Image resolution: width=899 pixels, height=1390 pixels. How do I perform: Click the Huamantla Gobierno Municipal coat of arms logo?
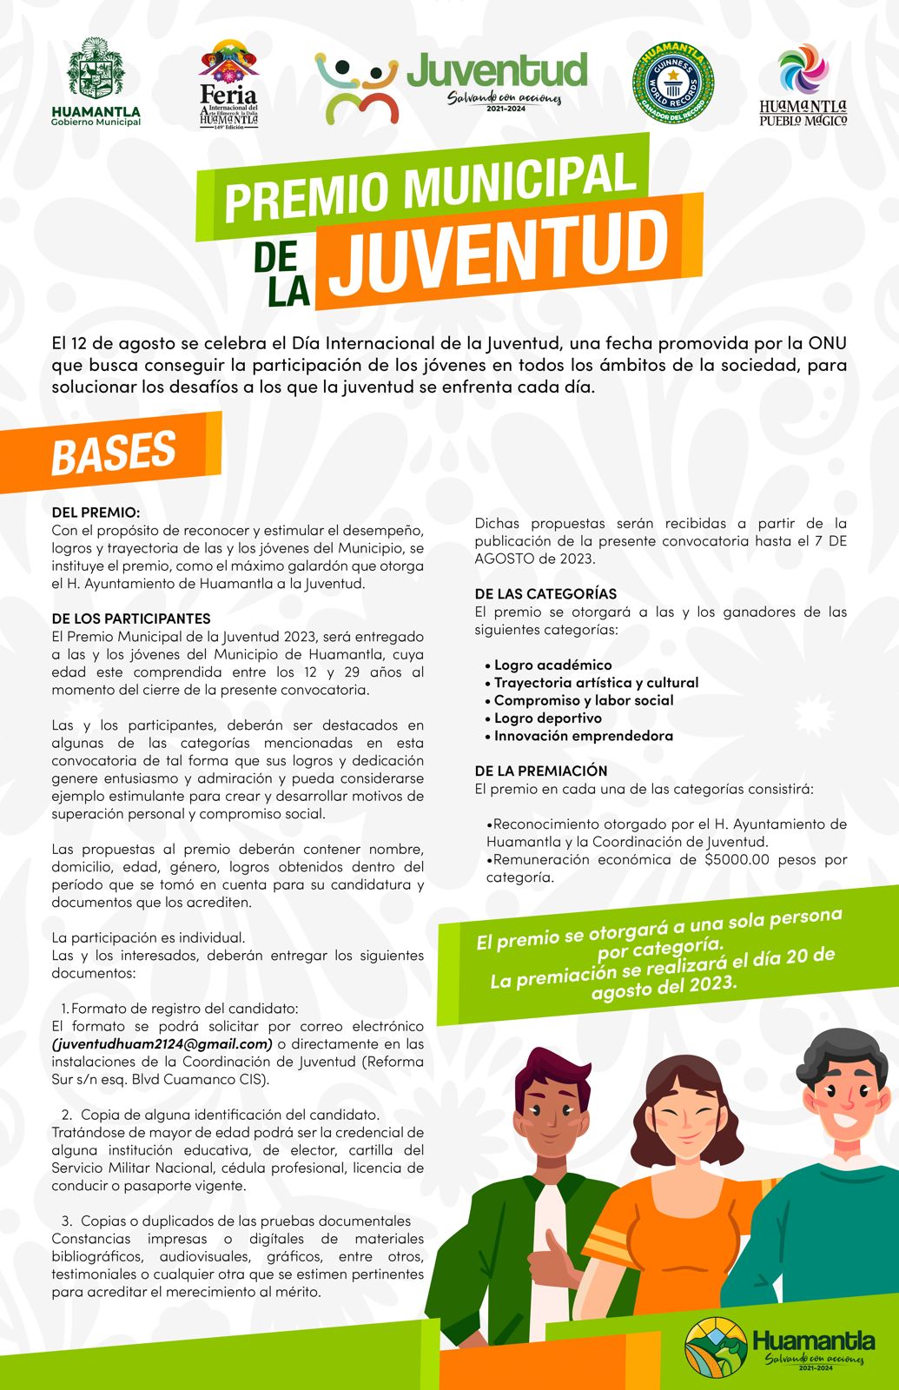(96, 71)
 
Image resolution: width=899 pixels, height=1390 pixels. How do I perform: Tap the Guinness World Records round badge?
(672, 84)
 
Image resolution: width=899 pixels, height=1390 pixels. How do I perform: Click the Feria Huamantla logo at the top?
(229, 84)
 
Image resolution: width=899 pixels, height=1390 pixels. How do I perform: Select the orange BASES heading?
(114, 452)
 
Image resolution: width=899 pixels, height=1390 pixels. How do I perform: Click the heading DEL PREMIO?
(96, 513)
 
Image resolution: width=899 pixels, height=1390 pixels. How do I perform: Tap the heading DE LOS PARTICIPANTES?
(131, 619)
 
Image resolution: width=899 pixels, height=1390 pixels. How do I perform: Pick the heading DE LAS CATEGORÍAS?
(545, 593)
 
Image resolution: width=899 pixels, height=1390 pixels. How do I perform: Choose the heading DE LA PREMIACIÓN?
(541, 771)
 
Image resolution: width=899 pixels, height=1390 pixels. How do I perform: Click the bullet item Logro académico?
(552, 665)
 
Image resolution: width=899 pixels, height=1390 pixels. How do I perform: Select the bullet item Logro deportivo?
(547, 718)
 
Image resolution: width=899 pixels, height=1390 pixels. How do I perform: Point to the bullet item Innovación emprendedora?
(583, 736)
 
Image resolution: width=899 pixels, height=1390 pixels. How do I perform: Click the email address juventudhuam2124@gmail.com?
(162, 1043)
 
